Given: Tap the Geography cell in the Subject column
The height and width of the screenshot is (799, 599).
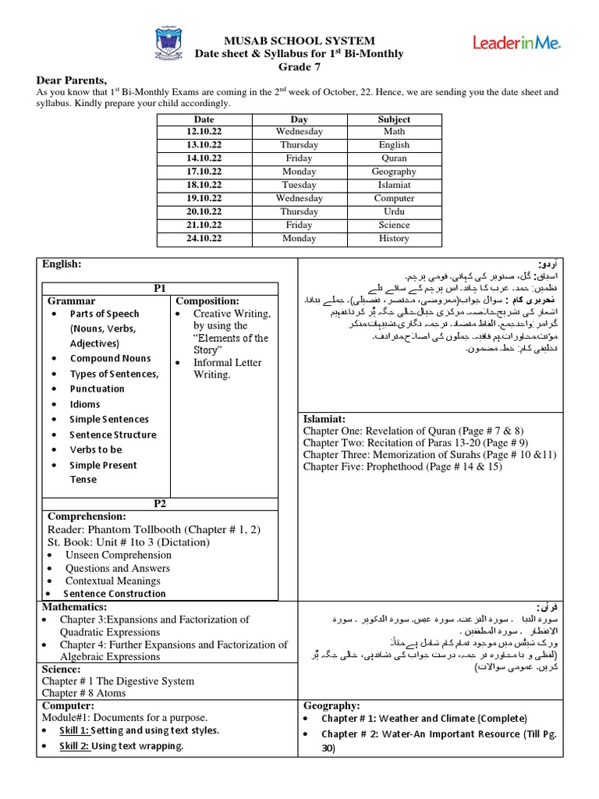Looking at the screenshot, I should [394, 172].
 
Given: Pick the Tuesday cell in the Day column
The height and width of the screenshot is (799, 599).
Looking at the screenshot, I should [299, 185].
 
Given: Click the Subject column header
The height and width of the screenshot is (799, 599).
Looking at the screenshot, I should [394, 119].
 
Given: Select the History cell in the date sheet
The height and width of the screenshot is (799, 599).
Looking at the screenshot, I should [394, 238].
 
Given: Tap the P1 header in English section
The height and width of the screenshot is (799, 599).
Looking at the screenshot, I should [160, 288].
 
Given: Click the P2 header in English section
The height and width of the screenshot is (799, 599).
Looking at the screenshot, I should [160, 503].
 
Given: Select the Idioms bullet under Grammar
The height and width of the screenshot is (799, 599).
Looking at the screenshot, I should [85, 404].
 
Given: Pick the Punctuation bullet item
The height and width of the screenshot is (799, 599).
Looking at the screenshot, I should [97, 389].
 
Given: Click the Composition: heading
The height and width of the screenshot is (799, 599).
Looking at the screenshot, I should [207, 300].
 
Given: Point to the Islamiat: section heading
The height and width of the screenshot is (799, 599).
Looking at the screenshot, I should [324, 419].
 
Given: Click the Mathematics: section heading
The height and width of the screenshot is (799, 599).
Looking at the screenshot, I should [74, 606].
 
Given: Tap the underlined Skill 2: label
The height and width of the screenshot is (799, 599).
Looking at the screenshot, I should [75, 746].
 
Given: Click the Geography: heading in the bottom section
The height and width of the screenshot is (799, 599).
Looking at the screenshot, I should [331, 705].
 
